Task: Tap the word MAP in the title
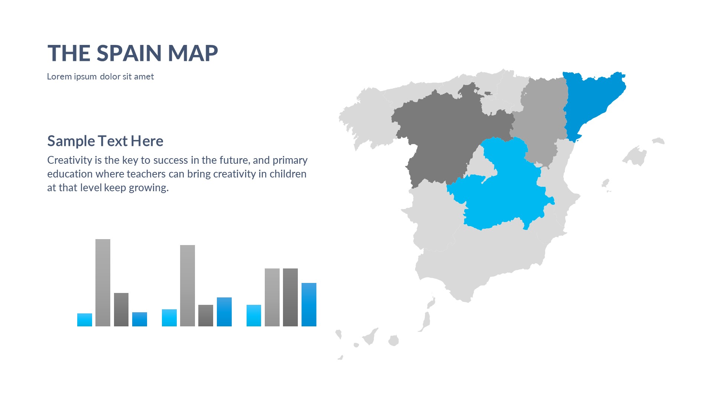193,53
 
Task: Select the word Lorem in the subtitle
59,76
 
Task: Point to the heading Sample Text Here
105,141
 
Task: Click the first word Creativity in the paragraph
70,160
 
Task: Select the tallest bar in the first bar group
103,283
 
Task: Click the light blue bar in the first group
85,320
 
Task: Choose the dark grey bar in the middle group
206,316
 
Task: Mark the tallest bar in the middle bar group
188,286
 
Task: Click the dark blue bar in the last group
309,304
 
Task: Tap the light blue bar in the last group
254,316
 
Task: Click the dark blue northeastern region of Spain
590,100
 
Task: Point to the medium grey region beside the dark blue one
540,119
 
